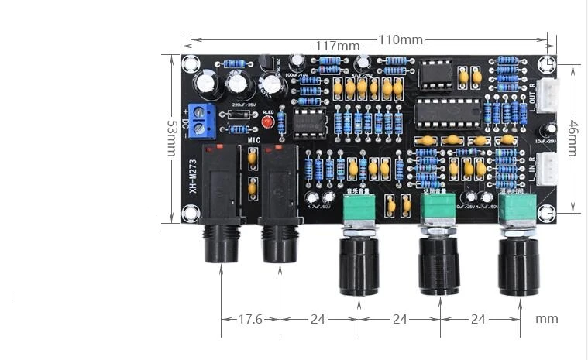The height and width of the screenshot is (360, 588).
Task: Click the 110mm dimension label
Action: (x=401, y=39)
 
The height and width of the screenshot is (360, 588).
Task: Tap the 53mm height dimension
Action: (x=171, y=137)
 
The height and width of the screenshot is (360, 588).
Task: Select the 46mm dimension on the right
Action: (x=573, y=137)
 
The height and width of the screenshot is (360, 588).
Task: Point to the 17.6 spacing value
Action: (x=250, y=318)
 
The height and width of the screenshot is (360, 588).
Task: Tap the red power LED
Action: (x=268, y=121)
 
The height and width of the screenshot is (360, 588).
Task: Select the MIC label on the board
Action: (x=255, y=139)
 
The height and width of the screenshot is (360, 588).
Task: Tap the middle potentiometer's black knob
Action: (x=438, y=267)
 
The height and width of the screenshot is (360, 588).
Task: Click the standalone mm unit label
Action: (x=546, y=318)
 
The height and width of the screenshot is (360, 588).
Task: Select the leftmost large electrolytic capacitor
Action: (x=206, y=83)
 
